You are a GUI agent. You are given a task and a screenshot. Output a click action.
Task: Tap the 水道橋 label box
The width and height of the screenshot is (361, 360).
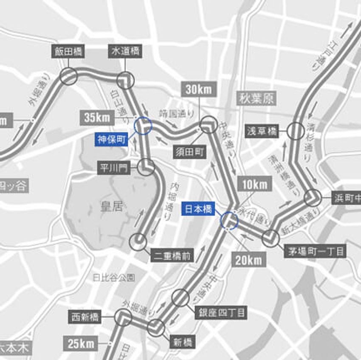coord(125,52)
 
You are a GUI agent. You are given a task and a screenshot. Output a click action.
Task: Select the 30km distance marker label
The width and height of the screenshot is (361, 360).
coord(199,90)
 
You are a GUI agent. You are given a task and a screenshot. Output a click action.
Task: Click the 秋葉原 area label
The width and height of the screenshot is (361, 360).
coord(256,98)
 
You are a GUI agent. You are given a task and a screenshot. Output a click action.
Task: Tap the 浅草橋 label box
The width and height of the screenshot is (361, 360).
coord(262,131)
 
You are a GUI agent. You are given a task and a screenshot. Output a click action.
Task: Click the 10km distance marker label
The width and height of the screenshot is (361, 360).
coord(255,184)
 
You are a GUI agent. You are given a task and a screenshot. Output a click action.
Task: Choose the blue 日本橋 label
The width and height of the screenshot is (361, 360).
coord(198,210)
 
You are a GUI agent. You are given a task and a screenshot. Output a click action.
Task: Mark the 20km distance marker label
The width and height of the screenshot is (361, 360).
coord(248,260)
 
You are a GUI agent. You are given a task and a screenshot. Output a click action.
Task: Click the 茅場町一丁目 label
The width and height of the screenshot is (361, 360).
coord(315,251)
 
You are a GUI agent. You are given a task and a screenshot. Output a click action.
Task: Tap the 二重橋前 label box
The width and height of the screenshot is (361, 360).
coord(172,255)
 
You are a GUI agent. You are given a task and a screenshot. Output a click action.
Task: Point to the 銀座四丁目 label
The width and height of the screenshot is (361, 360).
coord(220,313)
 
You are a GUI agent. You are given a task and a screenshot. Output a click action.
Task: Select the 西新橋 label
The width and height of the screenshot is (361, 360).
coord(86,317)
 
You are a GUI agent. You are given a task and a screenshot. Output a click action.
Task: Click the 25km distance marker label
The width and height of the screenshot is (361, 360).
coord(81,343)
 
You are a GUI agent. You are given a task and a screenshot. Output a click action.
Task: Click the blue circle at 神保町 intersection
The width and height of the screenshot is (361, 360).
coord(143,126)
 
